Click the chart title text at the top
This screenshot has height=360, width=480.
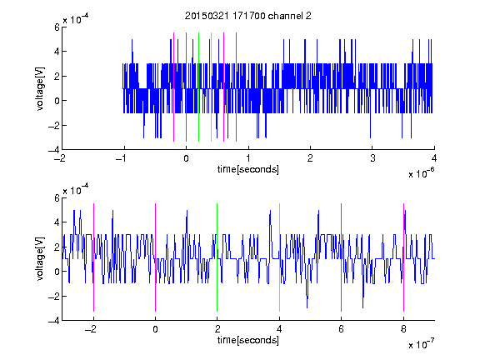tap(248, 16)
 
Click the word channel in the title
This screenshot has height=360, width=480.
tap(286, 16)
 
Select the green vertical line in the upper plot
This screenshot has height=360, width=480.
tap(198, 87)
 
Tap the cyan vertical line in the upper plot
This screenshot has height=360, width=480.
tap(211, 87)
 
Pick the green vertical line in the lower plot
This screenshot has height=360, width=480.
tap(217, 257)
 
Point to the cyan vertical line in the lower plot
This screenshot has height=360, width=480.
tap(279, 257)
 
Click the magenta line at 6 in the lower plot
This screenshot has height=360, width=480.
tap(342, 257)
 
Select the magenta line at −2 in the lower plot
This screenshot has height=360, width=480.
tap(93, 257)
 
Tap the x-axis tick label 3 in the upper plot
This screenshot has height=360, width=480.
tap(372, 158)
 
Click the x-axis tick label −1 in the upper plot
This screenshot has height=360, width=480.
tap(122, 158)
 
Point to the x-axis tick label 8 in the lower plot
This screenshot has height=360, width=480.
tap(403, 329)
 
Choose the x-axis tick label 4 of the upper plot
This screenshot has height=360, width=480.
tap(434, 158)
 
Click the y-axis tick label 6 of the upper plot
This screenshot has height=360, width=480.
tap(57, 27)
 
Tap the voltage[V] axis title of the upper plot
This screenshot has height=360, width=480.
tap(40, 89)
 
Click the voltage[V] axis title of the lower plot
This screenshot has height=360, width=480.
tap(40, 259)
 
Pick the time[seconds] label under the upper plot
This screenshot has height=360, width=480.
tap(248, 169)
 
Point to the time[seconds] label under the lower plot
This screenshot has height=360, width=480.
tap(248, 340)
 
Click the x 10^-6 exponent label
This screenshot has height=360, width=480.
tap(421, 173)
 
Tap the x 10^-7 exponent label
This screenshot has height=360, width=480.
tap(421, 344)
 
